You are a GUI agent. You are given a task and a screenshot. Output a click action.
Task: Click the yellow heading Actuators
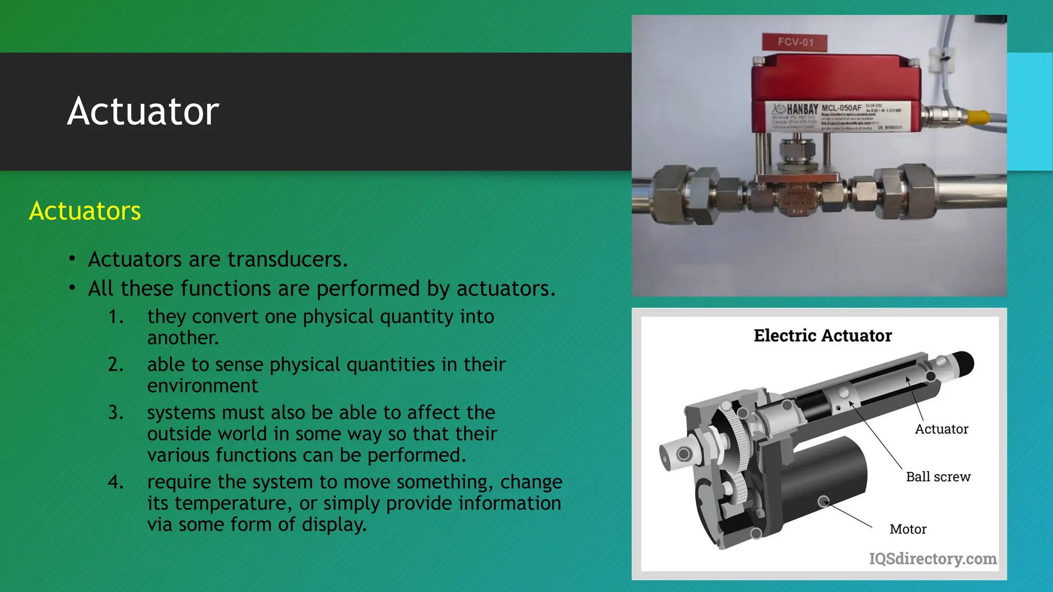(x=85, y=211)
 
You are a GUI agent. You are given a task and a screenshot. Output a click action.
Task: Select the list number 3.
(x=116, y=413)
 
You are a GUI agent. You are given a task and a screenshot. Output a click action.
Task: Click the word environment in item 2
(x=203, y=385)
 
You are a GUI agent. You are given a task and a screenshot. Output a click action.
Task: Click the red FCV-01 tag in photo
(x=795, y=42)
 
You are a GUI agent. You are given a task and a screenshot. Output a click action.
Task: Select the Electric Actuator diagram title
(x=822, y=336)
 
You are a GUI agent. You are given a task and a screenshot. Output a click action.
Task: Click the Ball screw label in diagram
(x=938, y=477)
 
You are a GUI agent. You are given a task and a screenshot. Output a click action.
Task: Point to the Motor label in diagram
(x=907, y=529)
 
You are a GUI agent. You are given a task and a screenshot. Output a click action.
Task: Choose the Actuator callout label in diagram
(x=941, y=429)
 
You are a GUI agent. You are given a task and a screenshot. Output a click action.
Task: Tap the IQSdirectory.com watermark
(x=932, y=559)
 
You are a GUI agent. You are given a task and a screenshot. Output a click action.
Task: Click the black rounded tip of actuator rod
(x=963, y=363)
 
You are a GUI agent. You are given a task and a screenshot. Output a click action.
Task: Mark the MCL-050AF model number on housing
(x=841, y=108)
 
